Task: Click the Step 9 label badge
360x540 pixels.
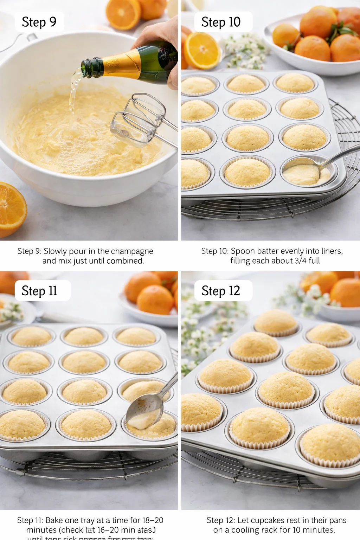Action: pyautogui.click(x=39, y=22)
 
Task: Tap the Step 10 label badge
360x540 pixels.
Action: pyautogui.click(x=221, y=22)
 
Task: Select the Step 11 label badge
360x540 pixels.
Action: pyautogui.click(x=39, y=291)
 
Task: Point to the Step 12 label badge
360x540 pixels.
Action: pyautogui.click(x=221, y=291)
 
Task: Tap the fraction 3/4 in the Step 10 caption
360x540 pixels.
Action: pyautogui.click(x=301, y=261)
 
